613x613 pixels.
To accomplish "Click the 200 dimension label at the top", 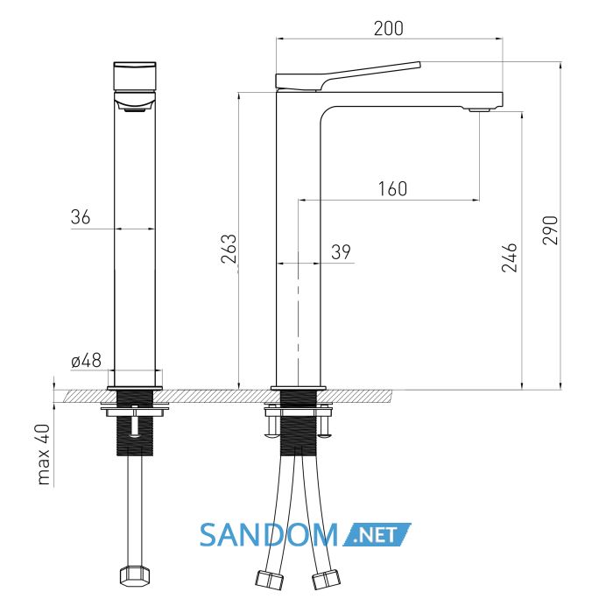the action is click(x=388, y=29).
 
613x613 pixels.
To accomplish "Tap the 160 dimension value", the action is click(x=392, y=189).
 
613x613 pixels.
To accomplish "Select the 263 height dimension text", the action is click(x=229, y=249).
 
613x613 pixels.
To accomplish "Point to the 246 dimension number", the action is click(x=510, y=257).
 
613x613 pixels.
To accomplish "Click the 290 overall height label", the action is click(x=551, y=229).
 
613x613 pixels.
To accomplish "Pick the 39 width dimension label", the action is click(x=341, y=252).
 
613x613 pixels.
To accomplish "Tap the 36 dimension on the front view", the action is click(x=81, y=217).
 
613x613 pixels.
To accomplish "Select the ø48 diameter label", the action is click(x=87, y=361).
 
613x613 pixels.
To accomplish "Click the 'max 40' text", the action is click(x=44, y=454).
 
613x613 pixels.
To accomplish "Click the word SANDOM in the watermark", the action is click(x=269, y=535).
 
